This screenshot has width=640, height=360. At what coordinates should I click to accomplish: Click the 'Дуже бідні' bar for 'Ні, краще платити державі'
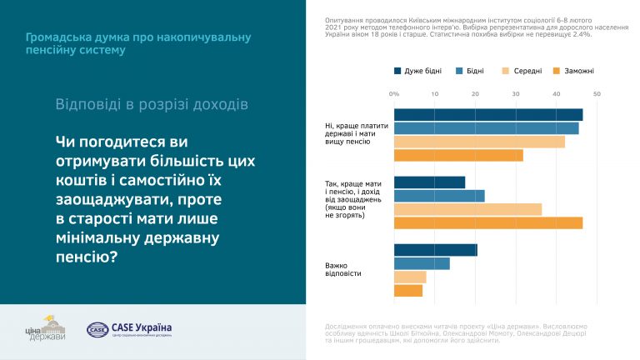pos(487,115)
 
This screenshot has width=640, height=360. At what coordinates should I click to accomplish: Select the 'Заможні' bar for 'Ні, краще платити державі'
pos(458,155)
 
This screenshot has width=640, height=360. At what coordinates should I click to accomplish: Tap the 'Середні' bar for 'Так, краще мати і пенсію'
pos(467,209)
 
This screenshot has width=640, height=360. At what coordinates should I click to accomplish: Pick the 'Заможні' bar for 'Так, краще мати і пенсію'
pos(487,222)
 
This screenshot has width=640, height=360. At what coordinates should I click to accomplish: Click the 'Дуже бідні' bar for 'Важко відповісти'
pos(435,250)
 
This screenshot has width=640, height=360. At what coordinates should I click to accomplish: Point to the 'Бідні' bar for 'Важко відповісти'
pos(422,263)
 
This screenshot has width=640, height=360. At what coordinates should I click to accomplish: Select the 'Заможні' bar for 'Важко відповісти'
pos(408,290)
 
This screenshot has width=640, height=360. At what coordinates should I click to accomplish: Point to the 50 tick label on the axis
pos(597,93)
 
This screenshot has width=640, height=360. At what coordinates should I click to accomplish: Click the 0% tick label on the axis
pos(394,93)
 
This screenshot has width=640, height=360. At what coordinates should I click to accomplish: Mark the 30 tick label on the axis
pos(516,93)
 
